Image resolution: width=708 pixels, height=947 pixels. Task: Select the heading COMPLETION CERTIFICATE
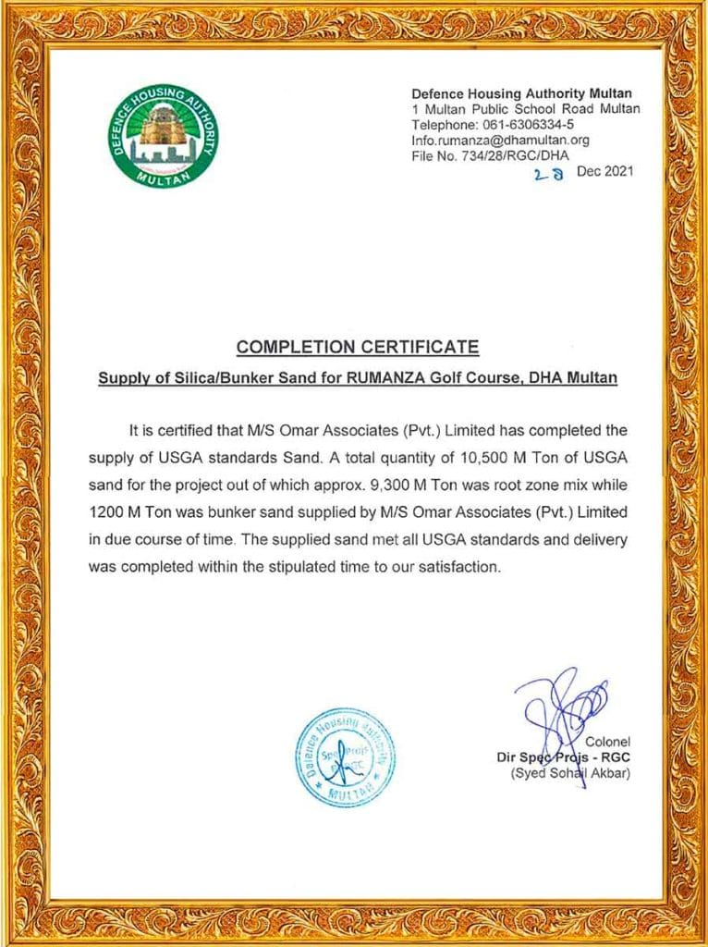click(x=358, y=348)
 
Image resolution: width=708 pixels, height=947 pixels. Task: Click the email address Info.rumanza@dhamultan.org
click(x=500, y=140)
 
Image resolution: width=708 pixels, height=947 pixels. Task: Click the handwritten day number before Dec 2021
click(x=547, y=173)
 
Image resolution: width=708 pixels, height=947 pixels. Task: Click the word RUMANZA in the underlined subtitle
click(x=406, y=378)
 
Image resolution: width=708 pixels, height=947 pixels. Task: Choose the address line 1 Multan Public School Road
click(x=525, y=109)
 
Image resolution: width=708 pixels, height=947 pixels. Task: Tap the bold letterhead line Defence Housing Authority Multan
click(x=521, y=93)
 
